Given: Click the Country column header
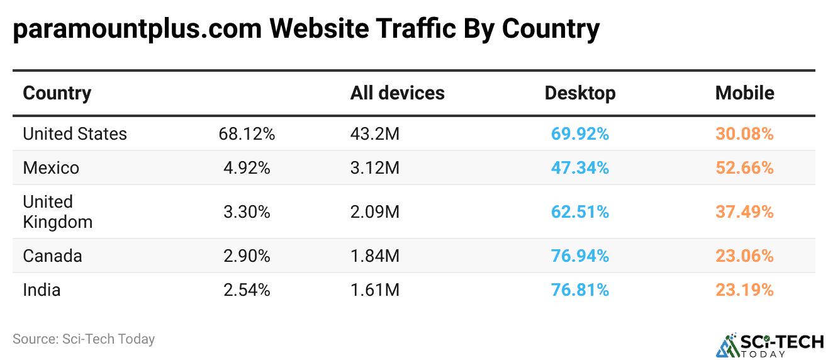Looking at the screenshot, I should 57,93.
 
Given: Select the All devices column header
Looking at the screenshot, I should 397,93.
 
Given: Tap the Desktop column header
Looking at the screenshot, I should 579,93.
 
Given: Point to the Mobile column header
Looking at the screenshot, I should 744,93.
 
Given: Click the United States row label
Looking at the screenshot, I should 75,134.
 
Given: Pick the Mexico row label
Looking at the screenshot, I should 51,168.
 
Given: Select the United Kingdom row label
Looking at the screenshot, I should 57,211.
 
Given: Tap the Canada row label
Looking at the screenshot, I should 52,256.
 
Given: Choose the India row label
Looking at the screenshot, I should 42,290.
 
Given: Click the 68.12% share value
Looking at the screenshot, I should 247,134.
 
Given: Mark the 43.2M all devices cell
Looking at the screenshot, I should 375,134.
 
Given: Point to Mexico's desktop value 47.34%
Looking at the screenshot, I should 579,168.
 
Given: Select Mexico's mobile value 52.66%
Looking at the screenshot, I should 744,168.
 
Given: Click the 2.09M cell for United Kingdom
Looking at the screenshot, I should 375,212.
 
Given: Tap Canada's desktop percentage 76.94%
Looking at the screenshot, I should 579,256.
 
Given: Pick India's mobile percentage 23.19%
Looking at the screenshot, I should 744,290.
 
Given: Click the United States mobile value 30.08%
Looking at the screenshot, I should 744,134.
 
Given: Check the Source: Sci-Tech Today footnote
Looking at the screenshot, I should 84,339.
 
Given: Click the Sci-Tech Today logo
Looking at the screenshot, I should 769,344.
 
